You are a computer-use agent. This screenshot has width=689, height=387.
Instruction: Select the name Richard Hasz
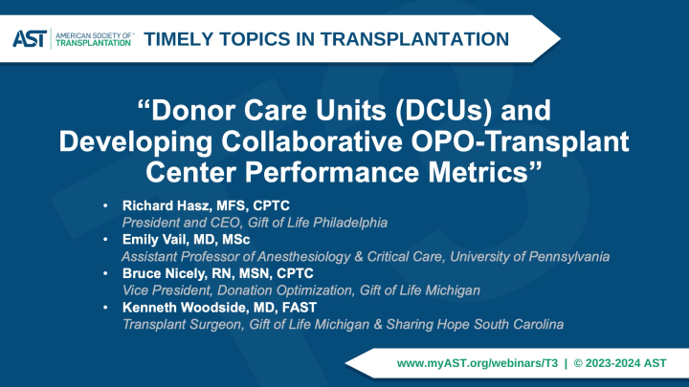click(166, 205)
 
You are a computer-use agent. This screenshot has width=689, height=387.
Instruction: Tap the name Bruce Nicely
click(163, 273)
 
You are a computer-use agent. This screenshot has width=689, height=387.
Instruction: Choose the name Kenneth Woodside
click(183, 308)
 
